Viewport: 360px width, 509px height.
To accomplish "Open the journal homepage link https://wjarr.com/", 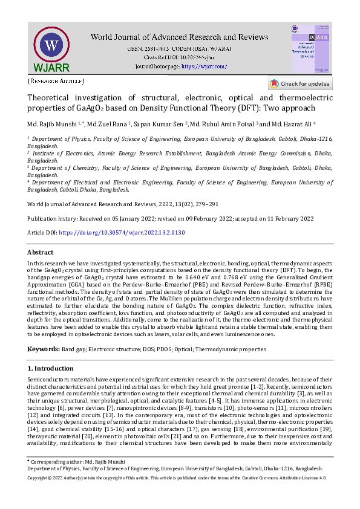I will tap(204, 66).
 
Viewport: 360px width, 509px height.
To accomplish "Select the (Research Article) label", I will tap(56, 80).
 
